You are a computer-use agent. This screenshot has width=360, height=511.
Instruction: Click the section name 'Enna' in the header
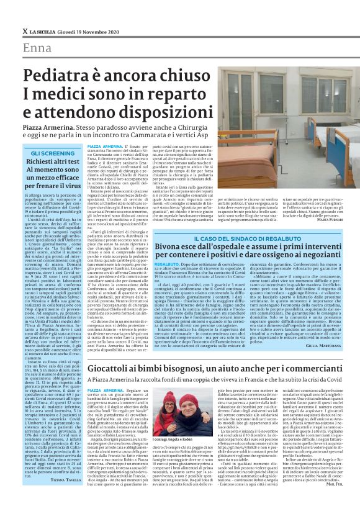(x=37, y=48)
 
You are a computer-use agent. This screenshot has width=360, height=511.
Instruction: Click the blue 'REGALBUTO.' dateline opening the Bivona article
(x=166, y=265)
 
